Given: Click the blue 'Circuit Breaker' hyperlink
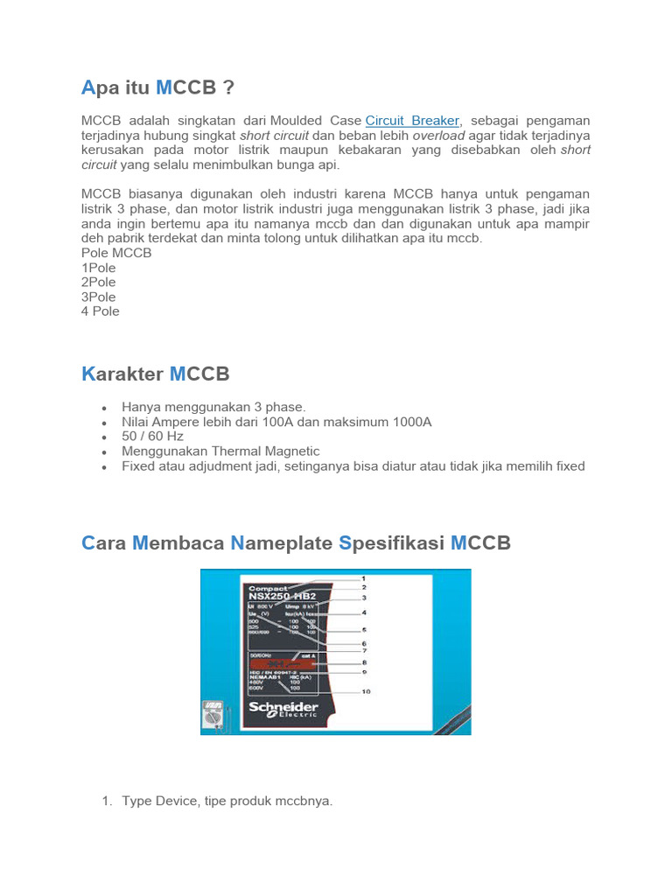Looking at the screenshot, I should (412, 120).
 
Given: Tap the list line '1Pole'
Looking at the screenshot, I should (99, 268).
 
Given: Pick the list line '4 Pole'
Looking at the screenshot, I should (101, 311).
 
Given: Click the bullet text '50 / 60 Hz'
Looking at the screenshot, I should (152, 437).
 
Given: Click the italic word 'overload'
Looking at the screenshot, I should (439, 136).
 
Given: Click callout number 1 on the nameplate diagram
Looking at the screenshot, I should (363, 578).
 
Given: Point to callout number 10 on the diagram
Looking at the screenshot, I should (366, 691).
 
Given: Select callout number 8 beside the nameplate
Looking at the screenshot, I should (364, 662).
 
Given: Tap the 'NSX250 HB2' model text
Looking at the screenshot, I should (281, 597).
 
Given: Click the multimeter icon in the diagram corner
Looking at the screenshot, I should (213, 715).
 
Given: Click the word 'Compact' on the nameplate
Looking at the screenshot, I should (269, 587).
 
